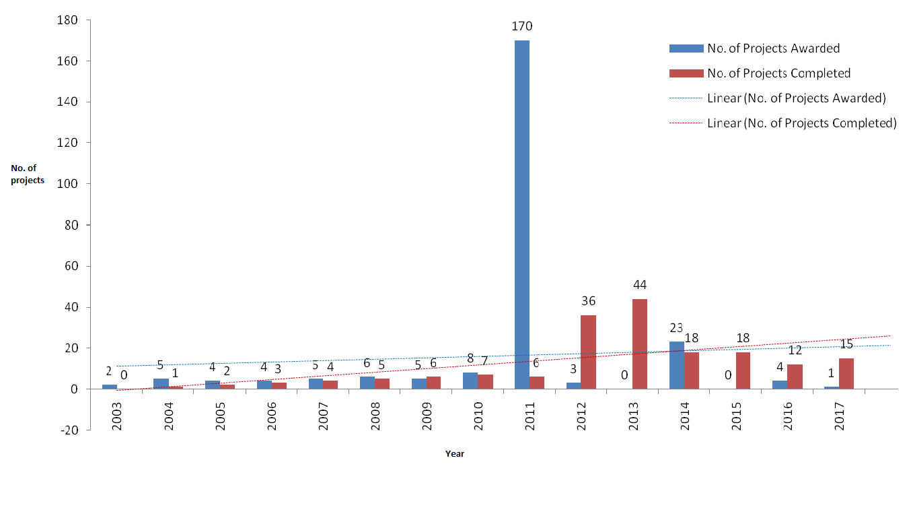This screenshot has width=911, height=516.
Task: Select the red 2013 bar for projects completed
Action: pos(640,344)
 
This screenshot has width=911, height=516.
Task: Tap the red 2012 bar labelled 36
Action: pos(588,352)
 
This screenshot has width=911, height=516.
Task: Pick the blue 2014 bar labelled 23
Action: pos(677,365)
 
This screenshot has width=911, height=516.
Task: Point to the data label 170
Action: pos(522,27)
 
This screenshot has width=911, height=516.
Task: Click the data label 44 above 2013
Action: pos(639,285)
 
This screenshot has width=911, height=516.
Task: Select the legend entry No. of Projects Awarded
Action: pos(773,49)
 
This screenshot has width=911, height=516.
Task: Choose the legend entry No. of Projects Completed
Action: pos(778,73)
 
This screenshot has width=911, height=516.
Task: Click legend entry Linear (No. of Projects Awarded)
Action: pos(796,98)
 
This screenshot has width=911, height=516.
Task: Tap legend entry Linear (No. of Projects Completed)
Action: pos(801,123)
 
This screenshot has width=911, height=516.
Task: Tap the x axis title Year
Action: pos(455,454)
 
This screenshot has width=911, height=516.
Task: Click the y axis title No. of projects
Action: pos(28,174)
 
